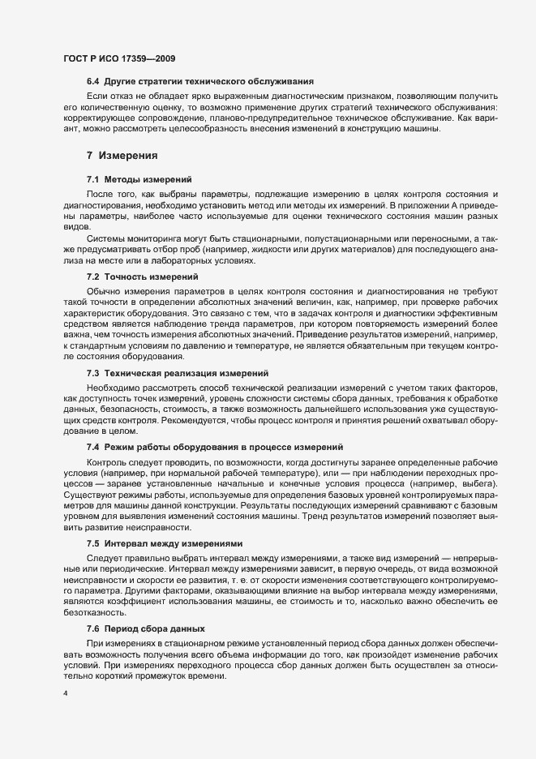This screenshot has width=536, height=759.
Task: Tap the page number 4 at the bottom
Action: coord(66,694)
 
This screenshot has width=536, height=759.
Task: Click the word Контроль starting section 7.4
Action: coord(107,460)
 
